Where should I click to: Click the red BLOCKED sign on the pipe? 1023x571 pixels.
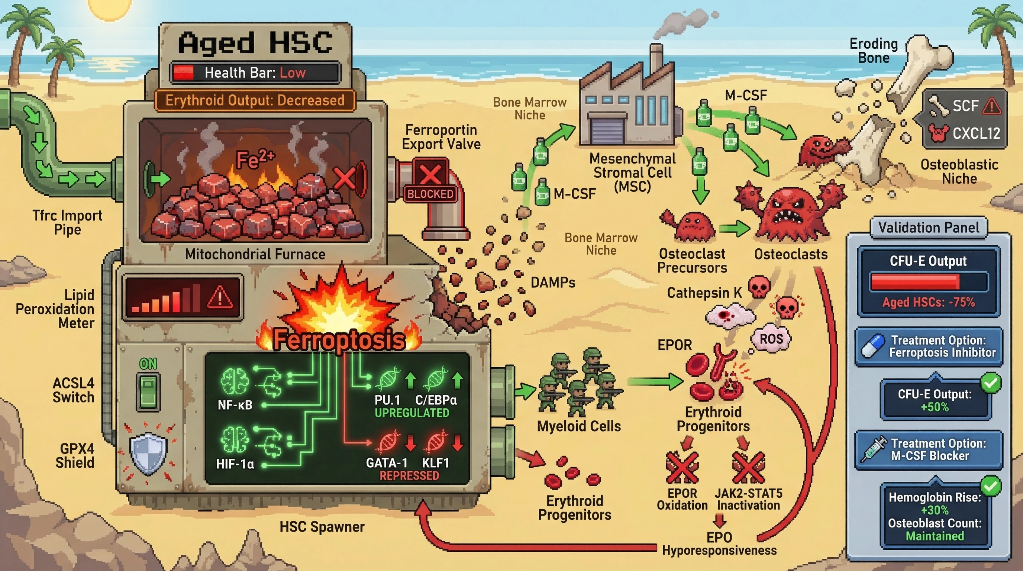pos(430,194)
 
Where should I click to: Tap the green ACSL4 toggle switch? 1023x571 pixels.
pos(149,391)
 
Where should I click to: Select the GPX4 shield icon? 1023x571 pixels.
pos(148,453)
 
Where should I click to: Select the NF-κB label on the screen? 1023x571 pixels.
pos(235,405)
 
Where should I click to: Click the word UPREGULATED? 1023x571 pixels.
pos(412,413)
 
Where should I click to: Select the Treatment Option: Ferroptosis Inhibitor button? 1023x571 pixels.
pos(929,346)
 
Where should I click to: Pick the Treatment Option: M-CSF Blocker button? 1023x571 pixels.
pos(929,449)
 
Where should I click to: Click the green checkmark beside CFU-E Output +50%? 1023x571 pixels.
pos(990,383)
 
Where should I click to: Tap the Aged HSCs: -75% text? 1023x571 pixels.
pos(929,302)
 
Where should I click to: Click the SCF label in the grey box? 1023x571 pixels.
pos(965,106)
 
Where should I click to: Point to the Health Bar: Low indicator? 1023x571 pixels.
pos(255,72)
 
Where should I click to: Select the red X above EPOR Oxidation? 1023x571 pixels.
pos(682,467)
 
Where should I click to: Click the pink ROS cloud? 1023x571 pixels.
pos(771,339)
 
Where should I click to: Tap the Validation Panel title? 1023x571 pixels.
pos(929,228)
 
